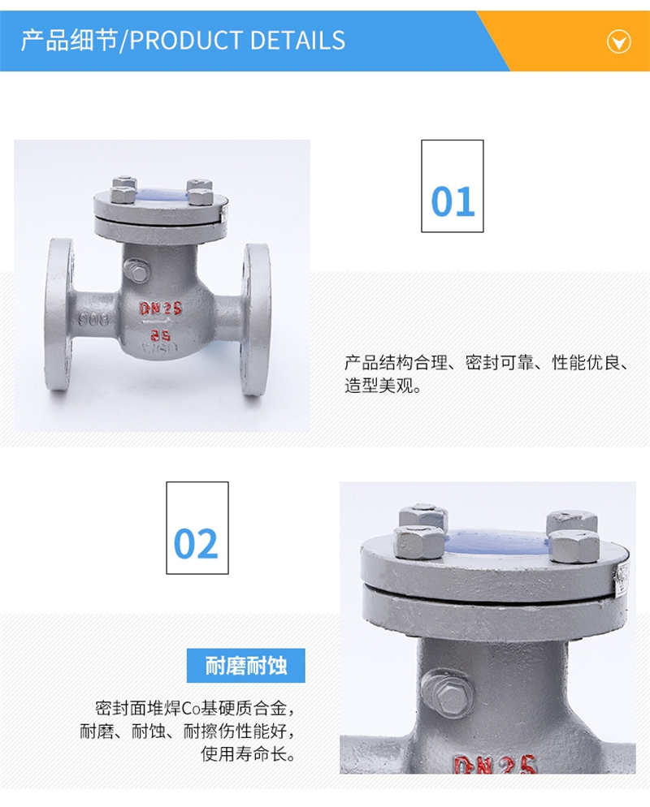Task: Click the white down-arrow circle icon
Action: [618, 41]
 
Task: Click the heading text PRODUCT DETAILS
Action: [237, 41]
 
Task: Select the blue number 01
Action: [453, 201]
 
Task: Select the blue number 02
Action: [196, 543]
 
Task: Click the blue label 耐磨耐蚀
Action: [245, 666]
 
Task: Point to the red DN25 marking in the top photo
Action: [161, 309]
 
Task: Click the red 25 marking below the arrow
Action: [161, 335]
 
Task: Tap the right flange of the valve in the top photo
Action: [256, 319]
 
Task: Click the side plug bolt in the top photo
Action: [136, 270]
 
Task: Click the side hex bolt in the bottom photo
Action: [447, 693]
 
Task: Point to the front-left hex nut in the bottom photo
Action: [418, 542]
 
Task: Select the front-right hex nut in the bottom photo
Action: [574, 546]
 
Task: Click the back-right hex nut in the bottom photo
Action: [572, 520]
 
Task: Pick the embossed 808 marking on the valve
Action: [93, 319]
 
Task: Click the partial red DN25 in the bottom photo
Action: [495, 765]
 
